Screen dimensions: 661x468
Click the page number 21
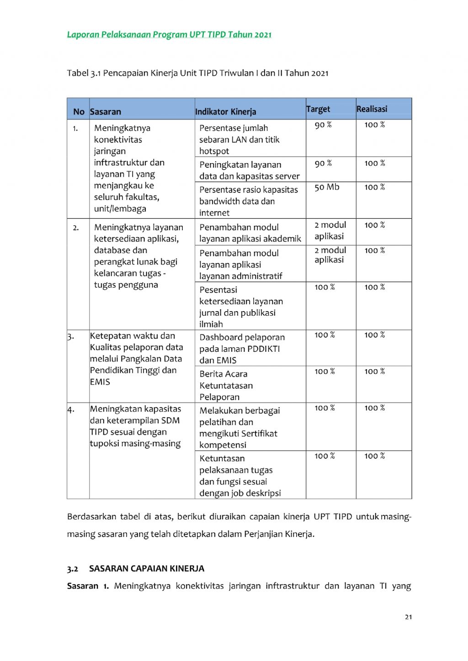pyautogui.click(x=408, y=617)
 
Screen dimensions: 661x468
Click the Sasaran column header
pyautogui.click(x=106, y=111)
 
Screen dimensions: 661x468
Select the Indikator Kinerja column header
pyautogui.click(x=226, y=111)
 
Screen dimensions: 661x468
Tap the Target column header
pyautogui.click(x=318, y=109)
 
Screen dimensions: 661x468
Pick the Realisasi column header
pyautogui.click(x=372, y=109)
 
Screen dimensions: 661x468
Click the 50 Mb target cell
pyautogui.click(x=327, y=187)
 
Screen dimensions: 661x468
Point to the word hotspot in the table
pyautogui.click(x=214, y=151)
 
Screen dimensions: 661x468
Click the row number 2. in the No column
pyautogui.click(x=76, y=227)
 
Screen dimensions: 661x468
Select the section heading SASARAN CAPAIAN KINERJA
pyautogui.click(x=147, y=568)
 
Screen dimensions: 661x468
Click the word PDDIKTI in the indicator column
pyautogui.click(x=263, y=349)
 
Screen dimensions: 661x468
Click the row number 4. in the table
pyautogui.click(x=71, y=409)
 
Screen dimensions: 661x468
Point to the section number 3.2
pyautogui.click(x=72, y=569)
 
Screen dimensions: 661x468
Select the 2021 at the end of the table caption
pyautogui.click(x=319, y=73)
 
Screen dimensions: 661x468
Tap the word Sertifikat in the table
pyautogui.click(x=258, y=434)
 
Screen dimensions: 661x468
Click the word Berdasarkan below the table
pyautogui.click(x=91, y=517)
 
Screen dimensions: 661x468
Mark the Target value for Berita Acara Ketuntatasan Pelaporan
pyautogui.click(x=324, y=372)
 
